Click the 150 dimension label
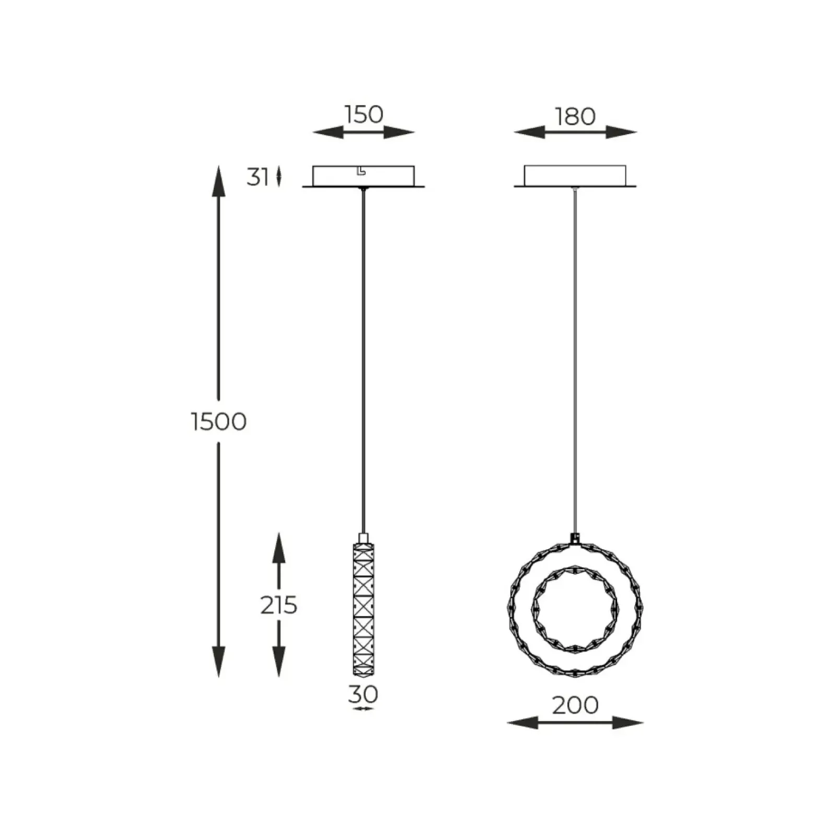click(364, 114)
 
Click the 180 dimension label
click(575, 117)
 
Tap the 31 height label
click(258, 177)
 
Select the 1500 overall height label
click(218, 421)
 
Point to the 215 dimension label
click(278, 605)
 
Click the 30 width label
click(363, 694)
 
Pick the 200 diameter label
click(575, 705)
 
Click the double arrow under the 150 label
click(364, 133)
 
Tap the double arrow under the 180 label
click(575, 132)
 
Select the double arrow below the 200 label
click(575, 723)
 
